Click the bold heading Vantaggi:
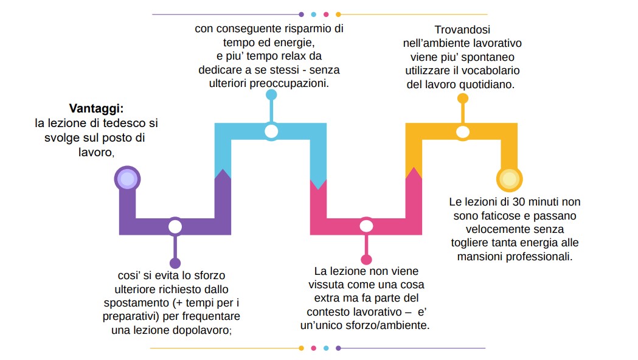tap(96, 109)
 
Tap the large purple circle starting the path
tap(127, 179)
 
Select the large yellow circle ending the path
tap(510, 179)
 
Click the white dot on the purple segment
tap(175, 227)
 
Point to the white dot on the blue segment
tap(271, 131)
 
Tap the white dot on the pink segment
tap(366, 226)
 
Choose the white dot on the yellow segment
tap(463, 132)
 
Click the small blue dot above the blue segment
tap(271, 95)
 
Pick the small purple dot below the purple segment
tap(175, 263)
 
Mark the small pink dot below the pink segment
tap(366, 260)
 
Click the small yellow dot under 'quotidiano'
tap(463, 99)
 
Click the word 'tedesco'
tap(125, 123)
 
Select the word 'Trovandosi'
tap(462, 30)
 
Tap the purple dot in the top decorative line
tap(301, 14)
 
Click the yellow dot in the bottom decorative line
tap(301, 348)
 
